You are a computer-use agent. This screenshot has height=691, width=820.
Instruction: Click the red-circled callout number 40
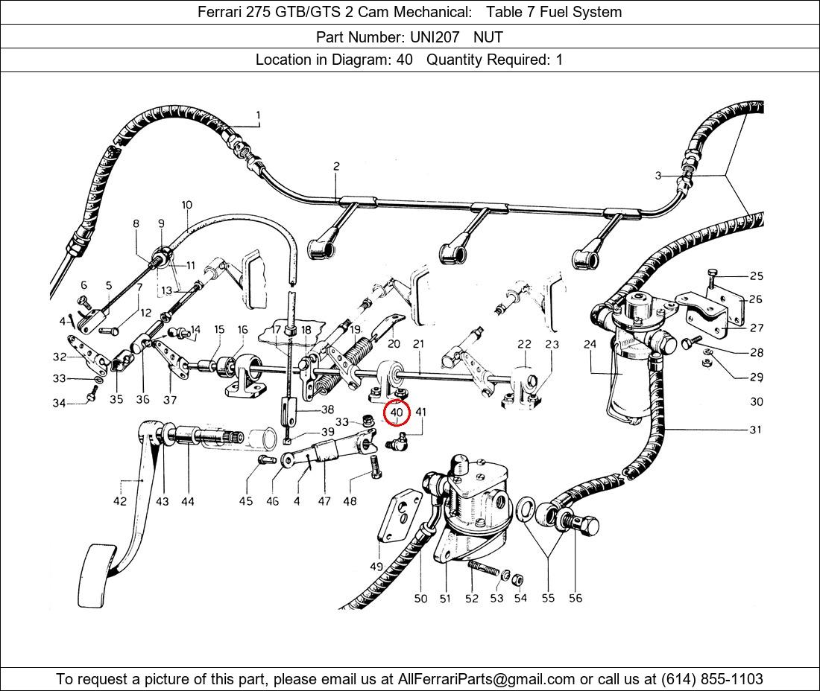(x=397, y=412)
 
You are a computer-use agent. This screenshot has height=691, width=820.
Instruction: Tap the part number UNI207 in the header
(x=435, y=37)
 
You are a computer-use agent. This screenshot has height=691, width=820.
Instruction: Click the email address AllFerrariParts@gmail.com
(x=486, y=679)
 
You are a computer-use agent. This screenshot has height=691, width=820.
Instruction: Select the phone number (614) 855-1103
(x=712, y=679)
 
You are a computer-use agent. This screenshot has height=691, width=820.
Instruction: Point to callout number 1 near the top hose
(x=258, y=115)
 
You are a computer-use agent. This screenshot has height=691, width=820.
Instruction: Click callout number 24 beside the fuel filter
(x=590, y=344)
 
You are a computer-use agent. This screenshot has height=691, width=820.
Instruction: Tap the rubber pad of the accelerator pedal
(x=98, y=576)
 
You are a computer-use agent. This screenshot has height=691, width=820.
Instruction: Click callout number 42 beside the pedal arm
(x=120, y=501)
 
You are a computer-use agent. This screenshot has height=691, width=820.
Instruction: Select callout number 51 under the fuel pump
(x=445, y=599)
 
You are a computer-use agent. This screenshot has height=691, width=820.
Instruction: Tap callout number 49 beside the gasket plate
(x=376, y=566)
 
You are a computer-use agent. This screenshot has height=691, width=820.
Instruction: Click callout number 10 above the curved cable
(x=186, y=205)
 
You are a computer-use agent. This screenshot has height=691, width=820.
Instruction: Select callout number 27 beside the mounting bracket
(x=756, y=328)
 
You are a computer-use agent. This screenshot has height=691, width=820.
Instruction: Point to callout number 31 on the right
(x=755, y=430)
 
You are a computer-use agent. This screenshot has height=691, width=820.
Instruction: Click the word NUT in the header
(x=488, y=37)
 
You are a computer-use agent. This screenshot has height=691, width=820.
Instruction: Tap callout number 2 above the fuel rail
(x=336, y=166)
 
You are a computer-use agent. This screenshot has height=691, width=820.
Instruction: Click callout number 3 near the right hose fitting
(x=658, y=176)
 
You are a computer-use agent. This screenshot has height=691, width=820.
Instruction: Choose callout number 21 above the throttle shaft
(x=418, y=344)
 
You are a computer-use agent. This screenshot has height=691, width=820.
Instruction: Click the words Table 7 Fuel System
(x=554, y=12)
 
